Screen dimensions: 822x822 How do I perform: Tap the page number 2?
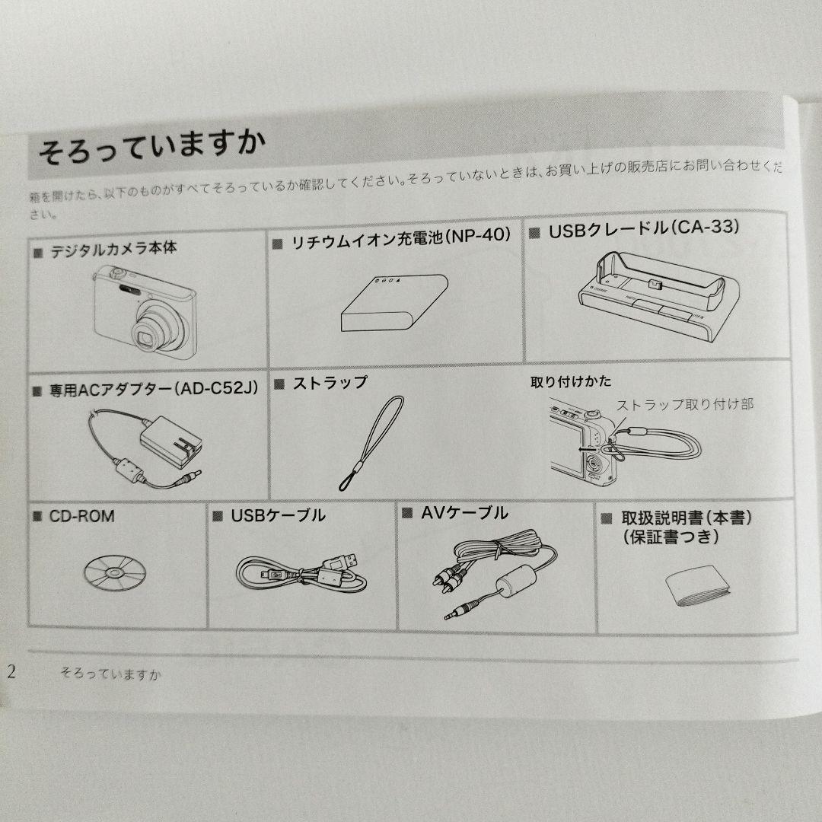click(11, 671)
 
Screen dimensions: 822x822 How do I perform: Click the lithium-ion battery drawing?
click(394, 303)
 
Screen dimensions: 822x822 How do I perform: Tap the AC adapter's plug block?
click(171, 442)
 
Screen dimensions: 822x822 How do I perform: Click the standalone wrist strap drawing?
click(371, 444)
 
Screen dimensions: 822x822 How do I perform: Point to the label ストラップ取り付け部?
click(685, 404)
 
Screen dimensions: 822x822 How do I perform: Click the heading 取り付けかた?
click(571, 381)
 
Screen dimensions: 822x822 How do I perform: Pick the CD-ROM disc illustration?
click(115, 572)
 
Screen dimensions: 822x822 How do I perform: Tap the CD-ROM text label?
click(81, 516)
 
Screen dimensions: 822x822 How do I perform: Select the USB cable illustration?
click(301, 572)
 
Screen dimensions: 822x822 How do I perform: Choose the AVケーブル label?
click(464, 513)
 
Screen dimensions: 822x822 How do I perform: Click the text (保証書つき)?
click(671, 537)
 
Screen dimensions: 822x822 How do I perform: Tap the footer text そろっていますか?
click(110, 674)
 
